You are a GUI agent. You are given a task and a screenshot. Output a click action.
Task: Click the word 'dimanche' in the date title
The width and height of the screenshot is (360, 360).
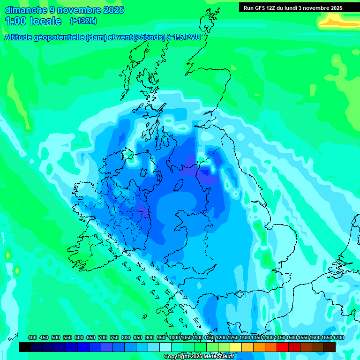click(x=26, y=10)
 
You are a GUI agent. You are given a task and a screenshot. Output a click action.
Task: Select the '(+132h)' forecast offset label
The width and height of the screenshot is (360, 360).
click(x=83, y=21)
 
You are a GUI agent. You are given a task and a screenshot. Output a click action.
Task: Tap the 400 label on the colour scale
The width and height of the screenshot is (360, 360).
click(x=32, y=337)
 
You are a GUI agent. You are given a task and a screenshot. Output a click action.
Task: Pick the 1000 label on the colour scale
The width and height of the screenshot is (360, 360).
click(x=174, y=337)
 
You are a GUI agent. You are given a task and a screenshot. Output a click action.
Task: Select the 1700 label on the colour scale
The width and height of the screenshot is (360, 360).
click(x=338, y=337)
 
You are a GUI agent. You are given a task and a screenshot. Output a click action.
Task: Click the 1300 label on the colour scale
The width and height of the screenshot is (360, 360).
click(x=245, y=337)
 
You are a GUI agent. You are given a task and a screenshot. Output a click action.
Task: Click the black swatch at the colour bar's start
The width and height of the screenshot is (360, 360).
click(x=24, y=347)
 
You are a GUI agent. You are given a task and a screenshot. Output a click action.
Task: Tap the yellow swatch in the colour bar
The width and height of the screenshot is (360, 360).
click(x=236, y=347)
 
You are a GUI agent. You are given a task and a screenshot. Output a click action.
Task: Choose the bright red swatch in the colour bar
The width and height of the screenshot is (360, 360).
click(x=283, y=347)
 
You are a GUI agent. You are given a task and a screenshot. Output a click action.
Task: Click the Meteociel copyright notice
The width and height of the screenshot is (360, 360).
click(x=199, y=356)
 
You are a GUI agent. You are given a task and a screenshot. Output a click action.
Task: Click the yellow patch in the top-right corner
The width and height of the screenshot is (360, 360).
click(x=337, y=20)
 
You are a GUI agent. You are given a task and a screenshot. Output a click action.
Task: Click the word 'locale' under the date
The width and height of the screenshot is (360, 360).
click(x=45, y=21)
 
